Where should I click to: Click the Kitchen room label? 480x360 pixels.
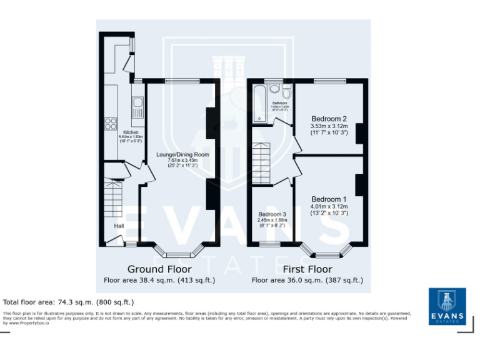pos(131,132)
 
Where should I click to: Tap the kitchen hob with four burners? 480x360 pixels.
pos(111,123)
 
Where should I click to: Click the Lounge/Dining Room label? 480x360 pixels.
pos(182,154)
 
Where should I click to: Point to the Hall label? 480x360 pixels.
pos(119,226)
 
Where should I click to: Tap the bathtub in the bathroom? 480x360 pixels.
pos(258,104)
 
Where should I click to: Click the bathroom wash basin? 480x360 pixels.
pos(274,89)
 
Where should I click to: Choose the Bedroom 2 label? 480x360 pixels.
pos(329,119)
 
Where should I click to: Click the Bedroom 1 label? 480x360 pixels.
pos(329,199)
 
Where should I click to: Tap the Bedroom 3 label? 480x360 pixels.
pos(272,214)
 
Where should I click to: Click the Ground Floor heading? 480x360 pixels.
pos(159,269)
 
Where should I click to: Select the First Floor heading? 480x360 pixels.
pos(307,269)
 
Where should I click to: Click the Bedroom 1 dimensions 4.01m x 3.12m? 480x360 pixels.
pos(329,207)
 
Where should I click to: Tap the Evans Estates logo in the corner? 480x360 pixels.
pos(447,306)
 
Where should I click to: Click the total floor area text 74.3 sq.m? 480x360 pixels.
pos(68,302)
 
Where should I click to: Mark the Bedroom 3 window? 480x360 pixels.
pos(270,245)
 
